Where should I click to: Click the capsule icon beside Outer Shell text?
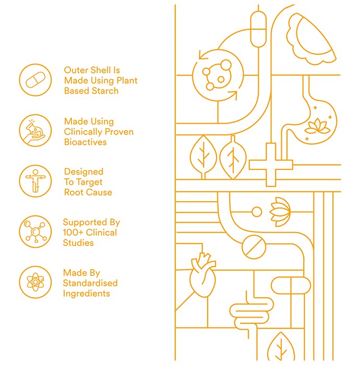click(x=35, y=80)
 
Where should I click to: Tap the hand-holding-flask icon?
click(x=35, y=130)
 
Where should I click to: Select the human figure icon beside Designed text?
click(x=35, y=181)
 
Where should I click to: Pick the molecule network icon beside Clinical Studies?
click(x=35, y=232)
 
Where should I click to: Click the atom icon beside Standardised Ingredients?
click(x=35, y=282)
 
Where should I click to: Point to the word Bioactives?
click(x=85, y=142)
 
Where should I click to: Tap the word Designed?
click(x=83, y=172)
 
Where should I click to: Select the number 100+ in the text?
click(x=73, y=233)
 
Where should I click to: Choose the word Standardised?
click(x=90, y=283)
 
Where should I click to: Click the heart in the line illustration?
click(x=202, y=275)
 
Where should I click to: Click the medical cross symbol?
click(x=271, y=165)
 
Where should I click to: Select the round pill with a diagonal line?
click(x=254, y=247)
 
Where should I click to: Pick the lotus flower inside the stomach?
click(x=317, y=127)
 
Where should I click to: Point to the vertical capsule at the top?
click(x=258, y=29)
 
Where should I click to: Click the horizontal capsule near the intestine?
click(x=291, y=285)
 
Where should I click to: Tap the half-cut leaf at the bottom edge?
click(x=281, y=346)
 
